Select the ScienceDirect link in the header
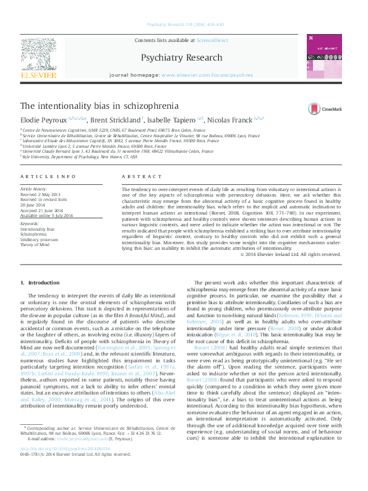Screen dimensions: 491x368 click(x=212, y=40)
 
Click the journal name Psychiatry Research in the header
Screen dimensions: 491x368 click(x=181, y=58)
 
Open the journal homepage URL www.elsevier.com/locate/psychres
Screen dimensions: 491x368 click(x=207, y=75)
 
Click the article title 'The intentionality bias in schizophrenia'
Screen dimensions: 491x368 click(x=100, y=106)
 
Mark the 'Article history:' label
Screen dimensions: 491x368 click(x=35, y=187)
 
